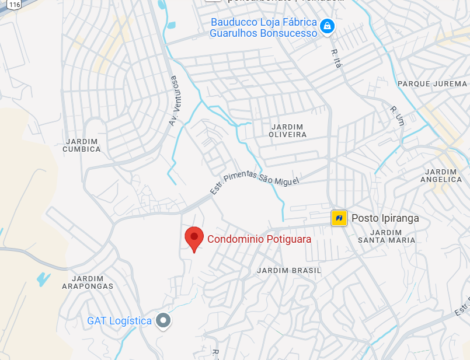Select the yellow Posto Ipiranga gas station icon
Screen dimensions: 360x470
[339, 218]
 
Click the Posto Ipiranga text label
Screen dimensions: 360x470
[385, 219]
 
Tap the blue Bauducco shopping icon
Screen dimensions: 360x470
[328, 26]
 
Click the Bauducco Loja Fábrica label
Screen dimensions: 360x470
[263, 27]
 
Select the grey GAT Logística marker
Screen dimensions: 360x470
[164, 320]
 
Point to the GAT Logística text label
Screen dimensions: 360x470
[119, 321]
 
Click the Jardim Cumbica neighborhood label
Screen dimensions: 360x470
[82, 145]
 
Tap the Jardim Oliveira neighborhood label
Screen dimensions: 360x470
[288, 131]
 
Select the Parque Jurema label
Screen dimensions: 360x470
[433, 84]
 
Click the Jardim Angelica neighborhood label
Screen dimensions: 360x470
[441, 176]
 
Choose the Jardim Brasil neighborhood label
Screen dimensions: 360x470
[289, 271]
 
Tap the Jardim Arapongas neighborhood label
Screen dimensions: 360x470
[88, 282]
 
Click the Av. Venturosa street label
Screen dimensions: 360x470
[173, 100]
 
